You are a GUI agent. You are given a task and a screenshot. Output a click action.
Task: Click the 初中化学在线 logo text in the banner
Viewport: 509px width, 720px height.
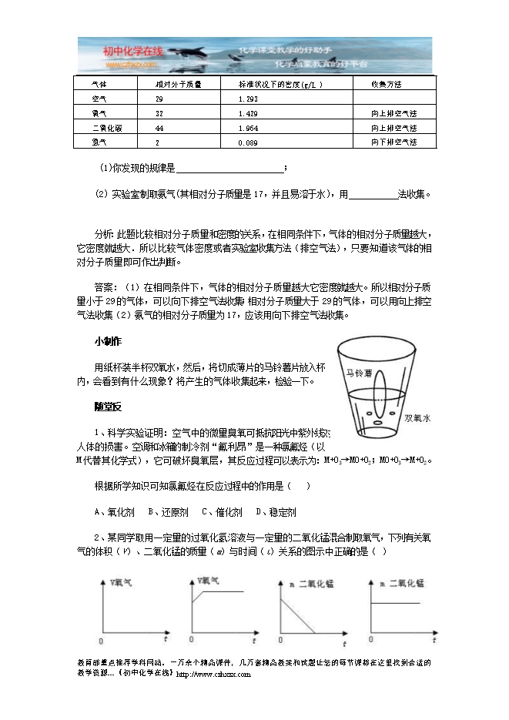pyautogui.click(x=133, y=52)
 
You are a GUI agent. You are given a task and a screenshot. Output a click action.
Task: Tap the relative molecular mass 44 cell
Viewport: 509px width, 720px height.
pyautogui.click(x=159, y=128)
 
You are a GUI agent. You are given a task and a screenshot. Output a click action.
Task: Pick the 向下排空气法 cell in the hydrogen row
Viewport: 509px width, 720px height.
pyautogui.click(x=393, y=142)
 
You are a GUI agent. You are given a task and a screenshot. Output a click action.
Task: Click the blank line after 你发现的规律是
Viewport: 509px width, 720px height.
pyautogui.click(x=230, y=168)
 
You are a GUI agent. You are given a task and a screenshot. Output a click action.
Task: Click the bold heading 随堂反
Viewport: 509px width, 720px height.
pyautogui.click(x=109, y=406)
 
